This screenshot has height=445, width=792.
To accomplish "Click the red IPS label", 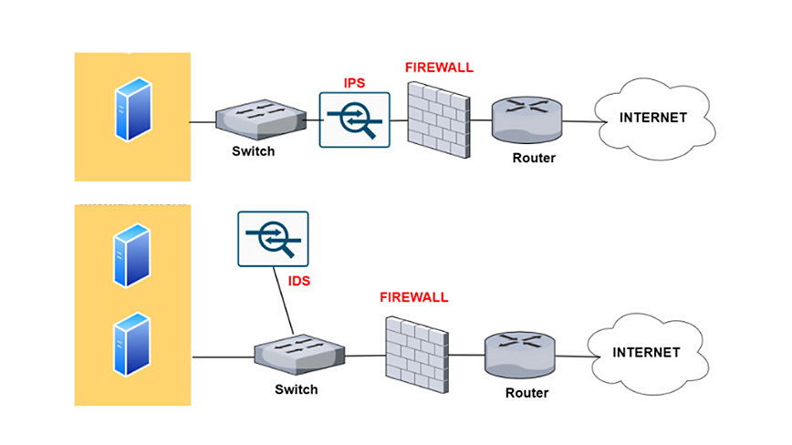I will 355,83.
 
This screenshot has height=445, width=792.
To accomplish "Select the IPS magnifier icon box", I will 355,119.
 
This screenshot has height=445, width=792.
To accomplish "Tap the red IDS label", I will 299,282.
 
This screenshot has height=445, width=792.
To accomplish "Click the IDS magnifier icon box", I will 273,239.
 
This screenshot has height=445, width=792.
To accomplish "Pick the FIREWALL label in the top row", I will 440,68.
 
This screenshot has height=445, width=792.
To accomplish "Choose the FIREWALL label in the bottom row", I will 414,297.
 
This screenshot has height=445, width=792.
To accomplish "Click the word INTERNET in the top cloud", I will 652,118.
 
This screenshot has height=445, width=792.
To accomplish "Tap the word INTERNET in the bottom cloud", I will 645,352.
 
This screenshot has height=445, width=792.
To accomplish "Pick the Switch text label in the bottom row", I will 297,389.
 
